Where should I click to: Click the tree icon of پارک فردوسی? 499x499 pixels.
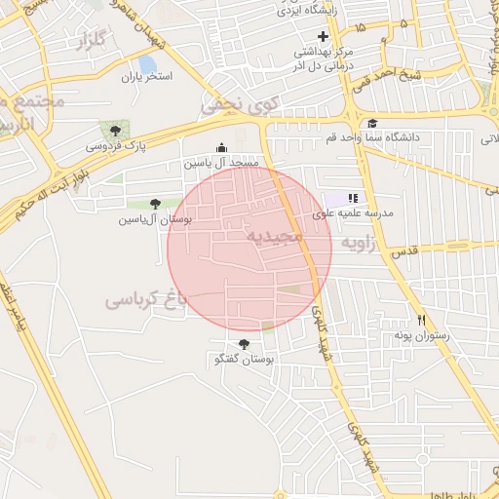[116, 129]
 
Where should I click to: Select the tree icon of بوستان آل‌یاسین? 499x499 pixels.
[155, 204]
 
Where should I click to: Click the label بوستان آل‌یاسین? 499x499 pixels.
[155, 220]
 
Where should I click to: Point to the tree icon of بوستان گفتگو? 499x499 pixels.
[244, 344]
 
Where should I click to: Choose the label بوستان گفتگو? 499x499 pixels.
[244, 361]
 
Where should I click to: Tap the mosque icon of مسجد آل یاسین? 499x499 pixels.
[221, 148]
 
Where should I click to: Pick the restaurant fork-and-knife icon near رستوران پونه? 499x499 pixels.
[421, 320]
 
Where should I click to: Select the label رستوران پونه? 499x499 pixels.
[420, 336]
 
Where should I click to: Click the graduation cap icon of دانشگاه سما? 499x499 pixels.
[372, 123]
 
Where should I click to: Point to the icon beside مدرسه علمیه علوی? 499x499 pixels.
[353, 197]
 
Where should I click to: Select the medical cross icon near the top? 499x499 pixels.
[324, 36]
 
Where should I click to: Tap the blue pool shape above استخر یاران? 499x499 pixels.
[148, 64]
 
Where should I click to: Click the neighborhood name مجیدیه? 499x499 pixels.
[275, 237]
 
